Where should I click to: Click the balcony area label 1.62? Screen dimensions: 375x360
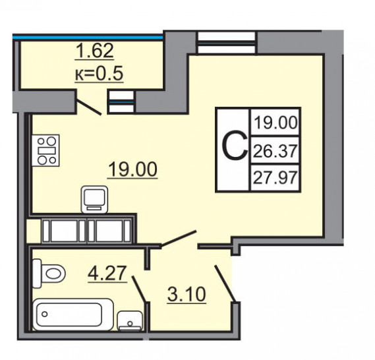click(x=94, y=51)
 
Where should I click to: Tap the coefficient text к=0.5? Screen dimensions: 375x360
click(x=99, y=73)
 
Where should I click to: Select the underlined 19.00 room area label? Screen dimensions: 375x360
click(x=132, y=169)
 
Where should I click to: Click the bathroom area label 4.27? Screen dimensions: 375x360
click(x=107, y=273)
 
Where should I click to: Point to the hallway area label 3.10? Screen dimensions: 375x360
click(x=187, y=295)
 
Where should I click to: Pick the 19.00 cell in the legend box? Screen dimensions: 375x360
click(x=275, y=123)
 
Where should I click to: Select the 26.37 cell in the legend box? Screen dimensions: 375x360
click(x=275, y=151)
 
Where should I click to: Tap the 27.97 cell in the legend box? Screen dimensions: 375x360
click(x=275, y=178)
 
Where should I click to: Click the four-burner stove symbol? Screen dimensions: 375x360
click(x=45, y=150)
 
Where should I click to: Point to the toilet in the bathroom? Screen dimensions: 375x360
click(x=49, y=273)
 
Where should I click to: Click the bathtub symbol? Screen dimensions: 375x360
click(x=73, y=315)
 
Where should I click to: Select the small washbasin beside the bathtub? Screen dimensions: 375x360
click(x=130, y=321)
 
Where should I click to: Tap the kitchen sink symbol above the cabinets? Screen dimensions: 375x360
click(x=94, y=199)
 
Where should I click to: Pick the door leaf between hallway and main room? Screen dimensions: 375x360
click(x=179, y=239)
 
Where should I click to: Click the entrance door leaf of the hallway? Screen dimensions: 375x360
click(x=225, y=284)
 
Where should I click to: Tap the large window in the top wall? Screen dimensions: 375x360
click(x=227, y=43)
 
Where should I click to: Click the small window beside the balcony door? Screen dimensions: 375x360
click(x=121, y=102)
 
